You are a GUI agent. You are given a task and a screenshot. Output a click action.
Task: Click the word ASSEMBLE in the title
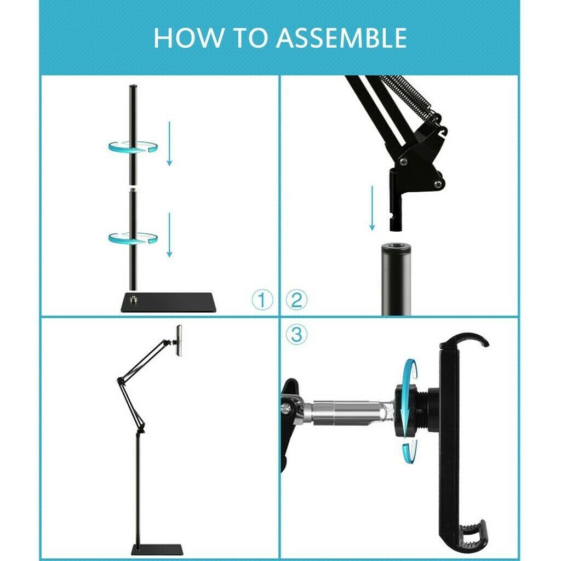(341, 38)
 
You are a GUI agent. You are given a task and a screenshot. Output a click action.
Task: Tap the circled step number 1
(262, 300)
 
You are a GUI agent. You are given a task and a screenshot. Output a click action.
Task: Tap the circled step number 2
(297, 300)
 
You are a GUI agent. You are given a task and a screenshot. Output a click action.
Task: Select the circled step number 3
(296, 334)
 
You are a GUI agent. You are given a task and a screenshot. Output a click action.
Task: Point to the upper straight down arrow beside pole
(169, 144)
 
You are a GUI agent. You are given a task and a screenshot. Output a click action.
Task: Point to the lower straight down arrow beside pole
(169, 235)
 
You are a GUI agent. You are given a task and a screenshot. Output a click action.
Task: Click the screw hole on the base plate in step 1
(133, 299)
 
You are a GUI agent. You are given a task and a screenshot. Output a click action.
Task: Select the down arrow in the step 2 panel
(372, 208)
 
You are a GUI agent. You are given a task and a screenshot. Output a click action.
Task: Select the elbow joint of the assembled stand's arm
(119, 379)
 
